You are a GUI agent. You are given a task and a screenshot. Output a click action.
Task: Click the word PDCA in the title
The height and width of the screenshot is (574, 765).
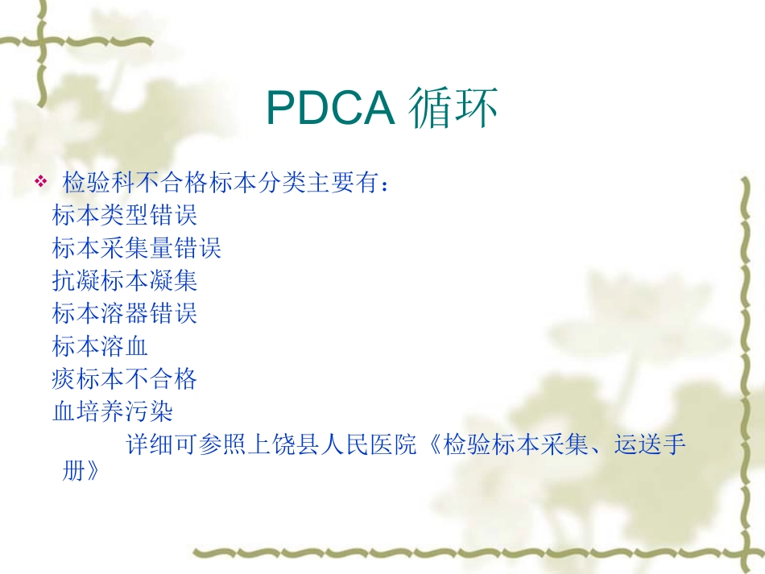click(x=329, y=109)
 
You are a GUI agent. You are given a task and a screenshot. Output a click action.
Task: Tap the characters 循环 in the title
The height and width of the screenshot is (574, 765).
click(x=452, y=109)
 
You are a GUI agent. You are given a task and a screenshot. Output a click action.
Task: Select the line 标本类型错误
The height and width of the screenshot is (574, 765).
click(x=125, y=216)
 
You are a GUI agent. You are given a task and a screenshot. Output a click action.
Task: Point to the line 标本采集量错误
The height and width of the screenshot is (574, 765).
click(x=137, y=248)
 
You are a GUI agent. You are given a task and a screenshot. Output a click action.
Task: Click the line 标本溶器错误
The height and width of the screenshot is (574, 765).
click(x=125, y=312)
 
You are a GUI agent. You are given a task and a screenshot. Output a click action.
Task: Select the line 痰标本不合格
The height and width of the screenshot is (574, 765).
click(x=125, y=378)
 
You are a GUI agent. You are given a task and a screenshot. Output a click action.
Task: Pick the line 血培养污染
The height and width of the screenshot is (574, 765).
click(x=113, y=411)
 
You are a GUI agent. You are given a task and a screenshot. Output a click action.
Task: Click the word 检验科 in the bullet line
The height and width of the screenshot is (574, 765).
click(x=99, y=184)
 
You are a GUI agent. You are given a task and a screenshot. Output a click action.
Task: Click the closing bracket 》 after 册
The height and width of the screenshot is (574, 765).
click(x=91, y=472)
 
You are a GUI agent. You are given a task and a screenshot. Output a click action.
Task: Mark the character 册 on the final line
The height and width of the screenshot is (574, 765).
click(x=73, y=472)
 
